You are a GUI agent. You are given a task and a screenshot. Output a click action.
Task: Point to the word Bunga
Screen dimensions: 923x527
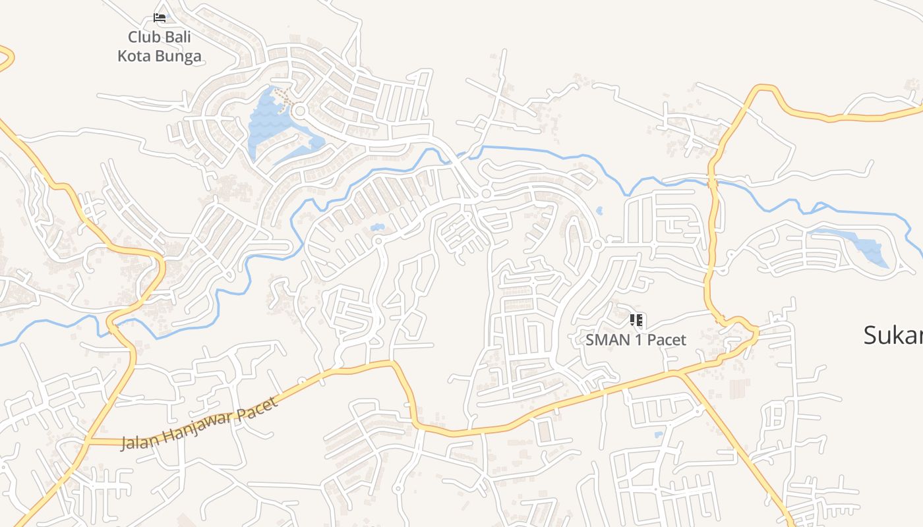click(x=178, y=56)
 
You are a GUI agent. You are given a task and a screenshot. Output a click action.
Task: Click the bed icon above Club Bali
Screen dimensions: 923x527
click(x=160, y=17)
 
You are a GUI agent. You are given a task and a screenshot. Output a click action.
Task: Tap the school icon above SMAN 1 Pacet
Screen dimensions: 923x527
click(x=636, y=321)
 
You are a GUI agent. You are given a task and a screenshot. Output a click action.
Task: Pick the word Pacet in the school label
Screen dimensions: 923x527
click(x=667, y=341)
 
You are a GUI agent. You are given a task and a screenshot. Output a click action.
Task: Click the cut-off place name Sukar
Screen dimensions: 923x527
click(x=893, y=336)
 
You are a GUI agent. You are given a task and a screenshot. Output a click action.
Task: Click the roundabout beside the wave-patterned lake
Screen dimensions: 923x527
click(x=299, y=111)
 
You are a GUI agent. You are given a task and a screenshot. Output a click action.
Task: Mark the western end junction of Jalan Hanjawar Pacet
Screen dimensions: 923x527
click(x=87, y=442)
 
